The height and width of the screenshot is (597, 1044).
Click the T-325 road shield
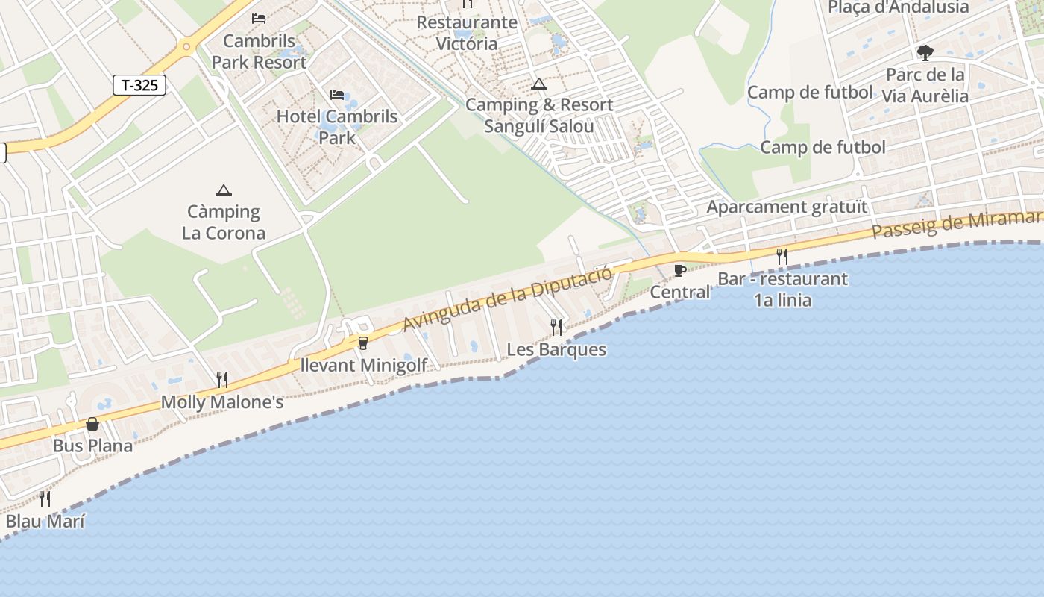(x=139, y=85)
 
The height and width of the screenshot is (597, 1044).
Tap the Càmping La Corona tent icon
(x=223, y=191)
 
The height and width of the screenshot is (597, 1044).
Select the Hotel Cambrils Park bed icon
(x=337, y=95)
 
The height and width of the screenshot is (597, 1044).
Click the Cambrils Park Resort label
(x=259, y=51)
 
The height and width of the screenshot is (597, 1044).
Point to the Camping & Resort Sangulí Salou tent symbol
(x=538, y=84)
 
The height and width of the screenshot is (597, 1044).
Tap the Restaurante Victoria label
(x=467, y=33)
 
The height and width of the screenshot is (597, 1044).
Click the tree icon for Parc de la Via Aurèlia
(x=925, y=53)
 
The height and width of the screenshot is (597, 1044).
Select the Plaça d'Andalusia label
(x=898, y=7)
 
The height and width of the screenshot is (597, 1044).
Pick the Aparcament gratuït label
(x=787, y=207)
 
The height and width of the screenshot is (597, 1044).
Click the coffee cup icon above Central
(x=679, y=270)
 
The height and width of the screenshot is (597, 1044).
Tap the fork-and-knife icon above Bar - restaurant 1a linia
(x=782, y=257)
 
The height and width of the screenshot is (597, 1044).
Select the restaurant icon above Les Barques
(x=556, y=327)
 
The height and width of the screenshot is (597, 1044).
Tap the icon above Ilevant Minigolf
(x=363, y=343)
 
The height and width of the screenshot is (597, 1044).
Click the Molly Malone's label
(x=222, y=403)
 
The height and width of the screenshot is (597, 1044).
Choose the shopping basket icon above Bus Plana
(x=92, y=424)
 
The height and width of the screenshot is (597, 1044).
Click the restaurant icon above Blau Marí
(x=45, y=498)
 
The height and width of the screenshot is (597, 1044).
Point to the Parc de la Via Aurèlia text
(x=925, y=85)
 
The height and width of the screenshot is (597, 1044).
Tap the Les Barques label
(x=556, y=349)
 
